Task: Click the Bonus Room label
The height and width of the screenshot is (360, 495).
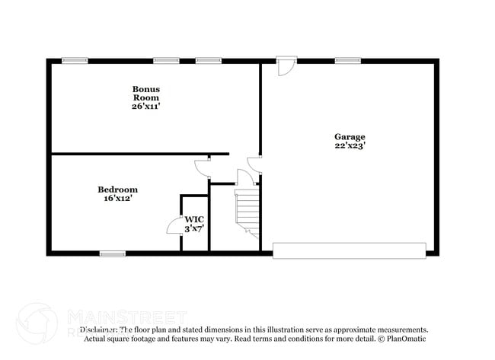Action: click(x=146, y=93)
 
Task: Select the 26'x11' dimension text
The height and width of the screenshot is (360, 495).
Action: click(x=146, y=107)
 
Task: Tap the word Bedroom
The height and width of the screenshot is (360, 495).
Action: click(x=117, y=190)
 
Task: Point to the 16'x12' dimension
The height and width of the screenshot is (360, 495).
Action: click(x=117, y=198)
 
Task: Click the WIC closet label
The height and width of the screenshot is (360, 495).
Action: click(x=194, y=219)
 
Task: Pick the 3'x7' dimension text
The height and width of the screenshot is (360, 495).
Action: click(x=194, y=228)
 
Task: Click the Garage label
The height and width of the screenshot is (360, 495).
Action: click(x=350, y=137)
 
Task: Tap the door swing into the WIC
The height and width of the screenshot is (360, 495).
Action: click(x=174, y=225)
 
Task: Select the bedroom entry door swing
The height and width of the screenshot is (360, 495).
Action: click(x=202, y=167)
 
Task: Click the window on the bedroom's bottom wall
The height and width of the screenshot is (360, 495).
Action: click(x=113, y=253)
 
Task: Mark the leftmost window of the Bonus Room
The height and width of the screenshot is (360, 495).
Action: click(x=75, y=60)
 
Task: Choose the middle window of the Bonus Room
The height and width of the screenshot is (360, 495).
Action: click(x=165, y=60)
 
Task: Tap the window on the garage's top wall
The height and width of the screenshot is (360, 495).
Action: click(x=347, y=60)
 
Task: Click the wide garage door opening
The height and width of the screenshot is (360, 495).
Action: click(x=349, y=250)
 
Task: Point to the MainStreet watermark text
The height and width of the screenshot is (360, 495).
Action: click(x=126, y=316)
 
